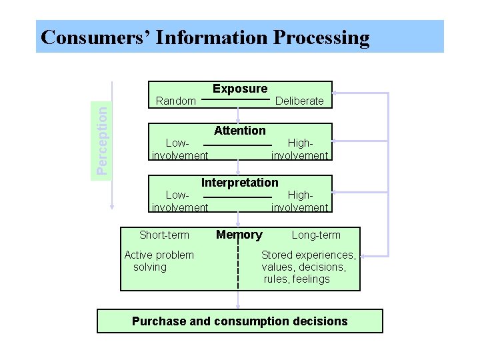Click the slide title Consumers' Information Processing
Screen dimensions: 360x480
205,37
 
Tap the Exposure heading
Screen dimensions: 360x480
240,89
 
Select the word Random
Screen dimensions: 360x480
175,101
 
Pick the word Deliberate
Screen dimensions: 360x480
299,101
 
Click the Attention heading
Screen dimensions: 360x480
239,131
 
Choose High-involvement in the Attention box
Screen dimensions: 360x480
299,149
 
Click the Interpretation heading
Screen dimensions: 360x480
240,182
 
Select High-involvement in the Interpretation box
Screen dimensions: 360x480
299,201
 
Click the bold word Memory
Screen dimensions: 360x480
239,235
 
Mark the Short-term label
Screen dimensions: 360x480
164,235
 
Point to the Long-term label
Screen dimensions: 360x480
316,235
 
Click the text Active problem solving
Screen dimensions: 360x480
159,261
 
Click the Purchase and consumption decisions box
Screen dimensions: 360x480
240,321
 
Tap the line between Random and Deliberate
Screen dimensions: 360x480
239,99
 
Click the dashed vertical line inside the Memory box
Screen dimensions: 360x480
239,267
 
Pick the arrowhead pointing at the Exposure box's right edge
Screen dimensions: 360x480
336,92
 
